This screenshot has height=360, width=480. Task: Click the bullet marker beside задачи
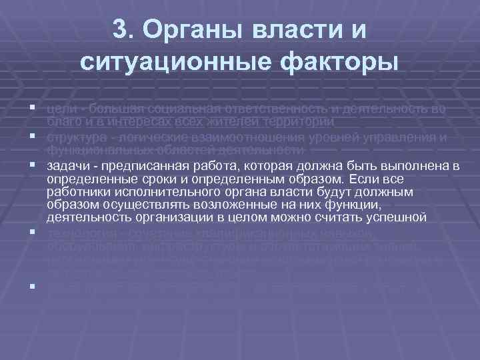tap(31, 165)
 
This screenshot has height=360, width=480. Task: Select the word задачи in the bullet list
tap(65, 165)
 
